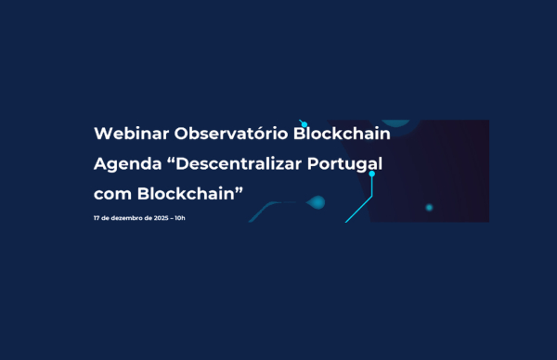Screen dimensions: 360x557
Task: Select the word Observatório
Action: pos(230,134)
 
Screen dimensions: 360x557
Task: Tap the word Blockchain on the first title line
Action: pos(342,134)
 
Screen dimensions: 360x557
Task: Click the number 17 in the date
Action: pos(97,218)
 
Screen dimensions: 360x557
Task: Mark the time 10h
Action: pos(179,218)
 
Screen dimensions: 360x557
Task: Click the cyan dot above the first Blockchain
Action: pos(304,123)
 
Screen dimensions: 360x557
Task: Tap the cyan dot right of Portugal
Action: pos(372,174)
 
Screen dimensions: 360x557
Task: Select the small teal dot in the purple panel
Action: pos(429,207)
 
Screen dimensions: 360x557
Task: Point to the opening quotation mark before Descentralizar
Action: pos(170,160)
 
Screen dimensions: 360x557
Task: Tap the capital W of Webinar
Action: pos(102,134)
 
